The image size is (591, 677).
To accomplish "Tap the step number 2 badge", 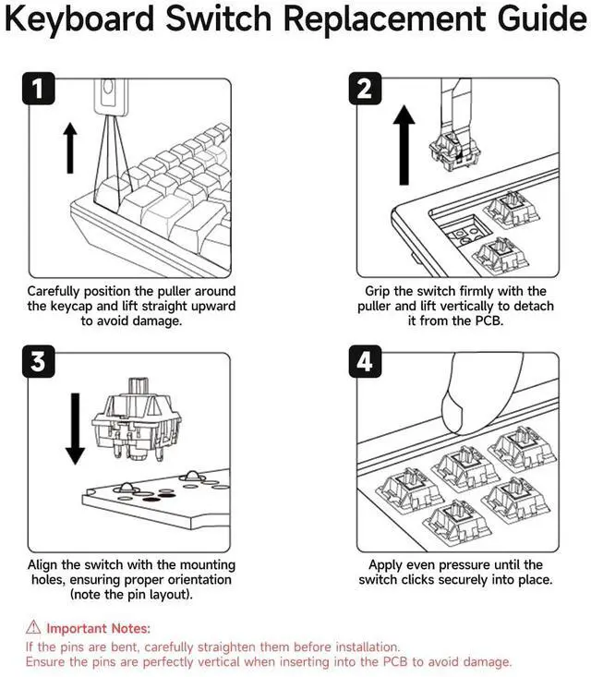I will point(364,91).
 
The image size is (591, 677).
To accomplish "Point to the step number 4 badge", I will point(364,361).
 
